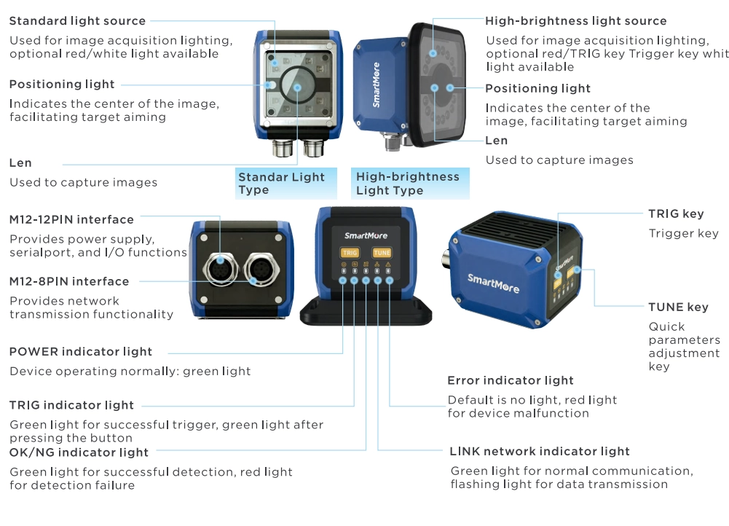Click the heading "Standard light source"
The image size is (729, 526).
pyautogui.click(x=77, y=21)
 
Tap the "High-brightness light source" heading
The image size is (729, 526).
pyautogui.click(x=575, y=21)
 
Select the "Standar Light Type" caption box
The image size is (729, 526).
pyautogui.click(x=286, y=184)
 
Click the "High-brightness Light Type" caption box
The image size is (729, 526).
pyautogui.click(x=410, y=184)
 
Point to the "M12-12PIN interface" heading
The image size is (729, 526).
pyautogui.click(x=71, y=219)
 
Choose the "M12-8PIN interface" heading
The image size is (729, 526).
pyautogui.click(x=69, y=281)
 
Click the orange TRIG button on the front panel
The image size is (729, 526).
pyautogui.click(x=350, y=253)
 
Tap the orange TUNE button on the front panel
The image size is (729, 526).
pyautogui.click(x=382, y=253)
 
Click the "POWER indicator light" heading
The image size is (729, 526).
pyautogui.click(x=81, y=352)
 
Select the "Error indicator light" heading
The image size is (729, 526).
pyautogui.click(x=511, y=380)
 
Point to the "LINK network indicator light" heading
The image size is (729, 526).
pyautogui.click(x=540, y=451)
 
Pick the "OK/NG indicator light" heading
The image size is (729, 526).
pyautogui.click(x=79, y=452)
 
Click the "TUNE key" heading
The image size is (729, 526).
pyautogui.click(x=678, y=307)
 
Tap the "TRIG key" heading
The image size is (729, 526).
pyautogui.click(x=676, y=214)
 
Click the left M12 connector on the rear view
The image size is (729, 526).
pyautogui.click(x=220, y=270)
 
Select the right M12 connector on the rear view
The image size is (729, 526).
pyautogui.click(x=261, y=270)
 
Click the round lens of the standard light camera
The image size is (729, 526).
pyautogui.click(x=298, y=87)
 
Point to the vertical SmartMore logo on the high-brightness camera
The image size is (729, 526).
pyautogui.click(x=376, y=85)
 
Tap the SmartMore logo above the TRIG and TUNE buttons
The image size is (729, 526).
pyautogui.click(x=366, y=235)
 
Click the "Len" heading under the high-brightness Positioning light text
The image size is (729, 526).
pyautogui.click(x=497, y=141)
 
